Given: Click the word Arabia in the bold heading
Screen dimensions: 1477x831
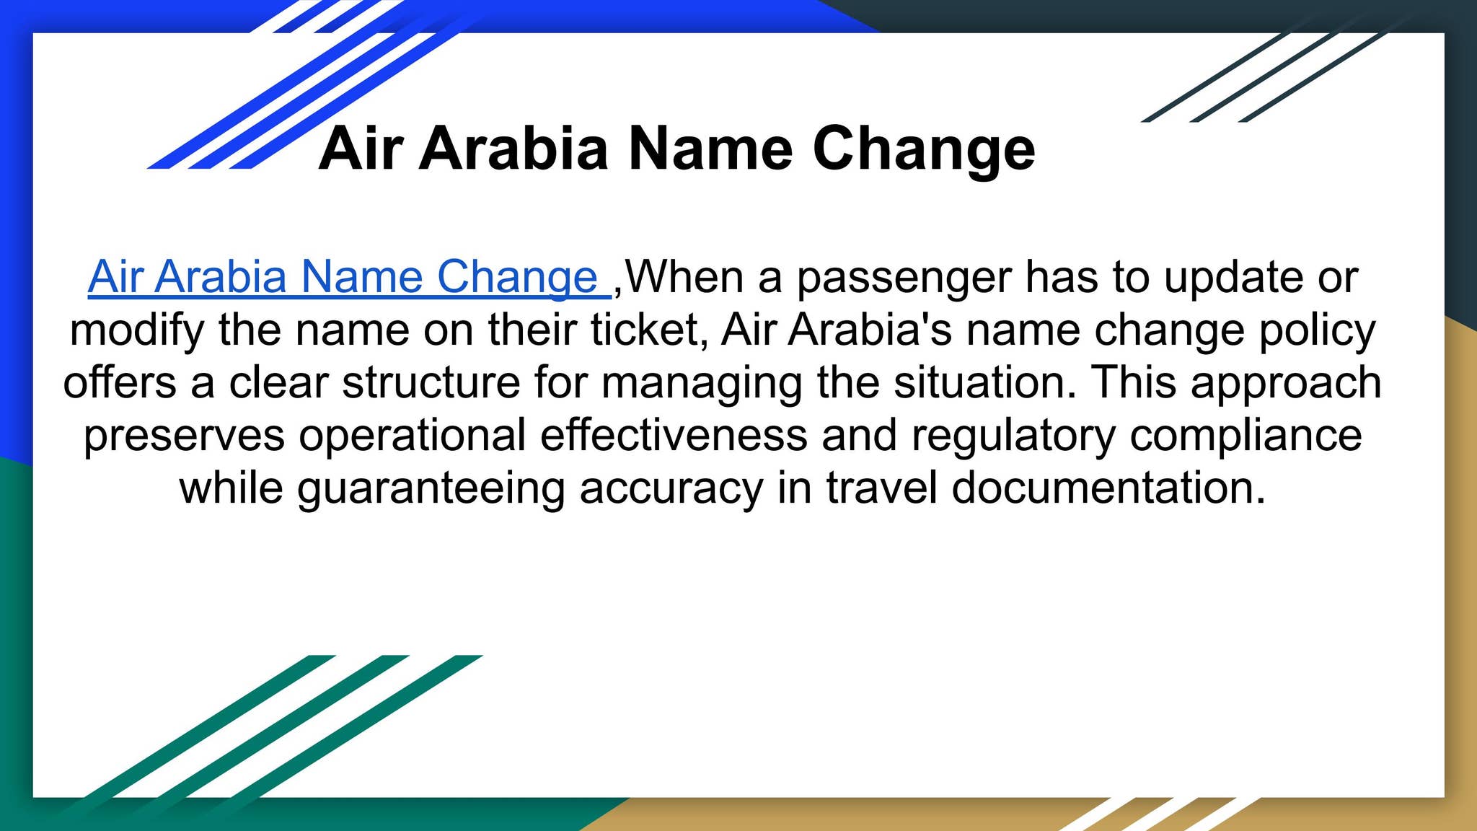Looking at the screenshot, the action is click(514, 149).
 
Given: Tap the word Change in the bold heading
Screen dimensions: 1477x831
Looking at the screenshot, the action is click(924, 150).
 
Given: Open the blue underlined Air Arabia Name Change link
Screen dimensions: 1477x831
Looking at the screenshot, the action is click(350, 277).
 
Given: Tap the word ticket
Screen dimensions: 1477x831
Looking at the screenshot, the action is click(648, 330).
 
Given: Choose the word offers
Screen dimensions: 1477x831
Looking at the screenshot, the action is click(120, 382).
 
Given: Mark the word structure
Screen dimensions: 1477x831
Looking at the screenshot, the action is click(431, 383).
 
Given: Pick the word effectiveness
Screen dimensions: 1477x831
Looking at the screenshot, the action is click(674, 435).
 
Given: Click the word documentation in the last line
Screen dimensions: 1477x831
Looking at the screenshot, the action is click(1108, 488).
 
